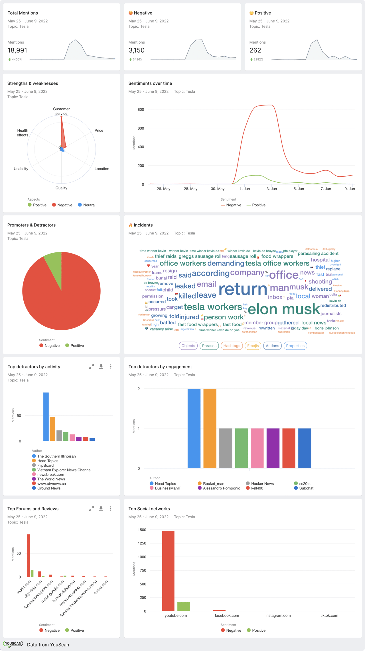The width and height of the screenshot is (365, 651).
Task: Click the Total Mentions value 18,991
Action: click(x=17, y=50)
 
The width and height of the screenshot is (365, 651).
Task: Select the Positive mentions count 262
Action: click(x=255, y=50)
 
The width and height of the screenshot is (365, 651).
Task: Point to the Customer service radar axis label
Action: click(x=61, y=111)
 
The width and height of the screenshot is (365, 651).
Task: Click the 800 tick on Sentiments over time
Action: click(x=141, y=109)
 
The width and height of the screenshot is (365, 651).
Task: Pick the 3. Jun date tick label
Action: click(x=271, y=189)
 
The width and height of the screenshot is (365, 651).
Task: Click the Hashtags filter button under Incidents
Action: click(x=232, y=346)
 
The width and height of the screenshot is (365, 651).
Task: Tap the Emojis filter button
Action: click(x=253, y=346)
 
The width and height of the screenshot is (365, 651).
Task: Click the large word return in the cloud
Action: click(x=243, y=289)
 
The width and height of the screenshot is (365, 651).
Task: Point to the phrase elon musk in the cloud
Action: click(x=284, y=309)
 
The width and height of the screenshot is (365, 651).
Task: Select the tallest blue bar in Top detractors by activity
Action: click(x=46, y=417)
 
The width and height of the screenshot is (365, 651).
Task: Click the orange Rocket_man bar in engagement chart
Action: click(x=210, y=428)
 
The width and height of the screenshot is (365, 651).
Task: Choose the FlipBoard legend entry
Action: click(x=45, y=465)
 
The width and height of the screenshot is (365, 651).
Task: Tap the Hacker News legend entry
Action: click(x=262, y=483)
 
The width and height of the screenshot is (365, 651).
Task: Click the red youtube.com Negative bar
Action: click(x=168, y=571)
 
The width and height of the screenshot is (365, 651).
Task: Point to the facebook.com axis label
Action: click(x=227, y=615)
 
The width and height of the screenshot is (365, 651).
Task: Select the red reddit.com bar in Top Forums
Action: click(x=29, y=556)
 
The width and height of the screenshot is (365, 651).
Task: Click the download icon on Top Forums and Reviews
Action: click(x=101, y=509)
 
